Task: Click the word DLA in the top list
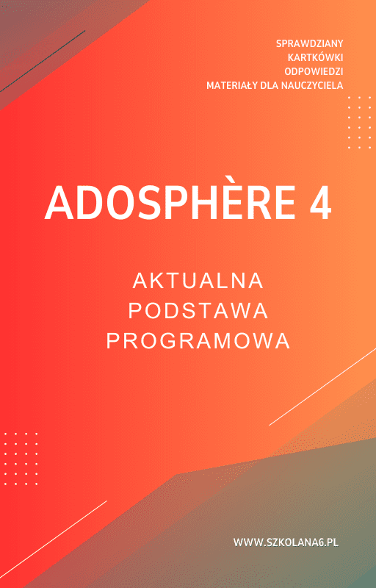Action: coord(271,85)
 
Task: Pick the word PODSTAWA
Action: coord(198,311)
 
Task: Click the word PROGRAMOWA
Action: coord(198,342)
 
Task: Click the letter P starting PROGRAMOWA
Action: coord(114,342)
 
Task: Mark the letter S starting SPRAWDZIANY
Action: coord(279,44)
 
